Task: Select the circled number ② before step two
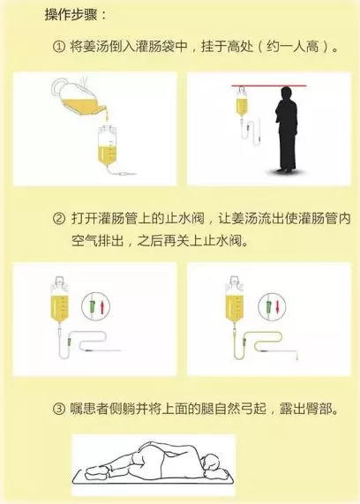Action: (59, 218)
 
